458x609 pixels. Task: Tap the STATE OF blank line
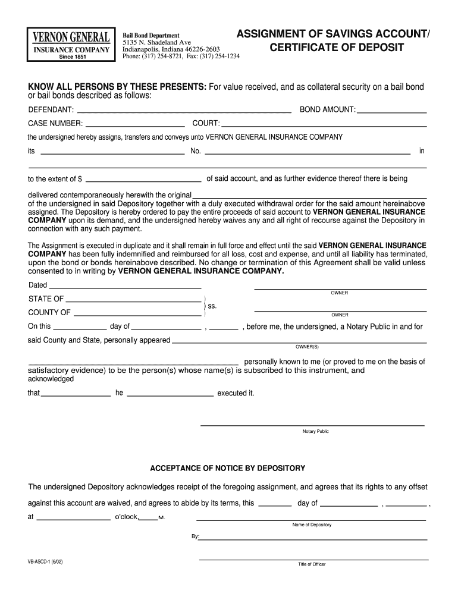pos(133,300)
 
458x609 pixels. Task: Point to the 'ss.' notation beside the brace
pos(212,306)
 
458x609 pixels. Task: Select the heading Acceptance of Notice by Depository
pos(227,468)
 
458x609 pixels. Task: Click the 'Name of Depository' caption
pos(312,525)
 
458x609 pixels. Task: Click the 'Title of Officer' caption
pos(312,564)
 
